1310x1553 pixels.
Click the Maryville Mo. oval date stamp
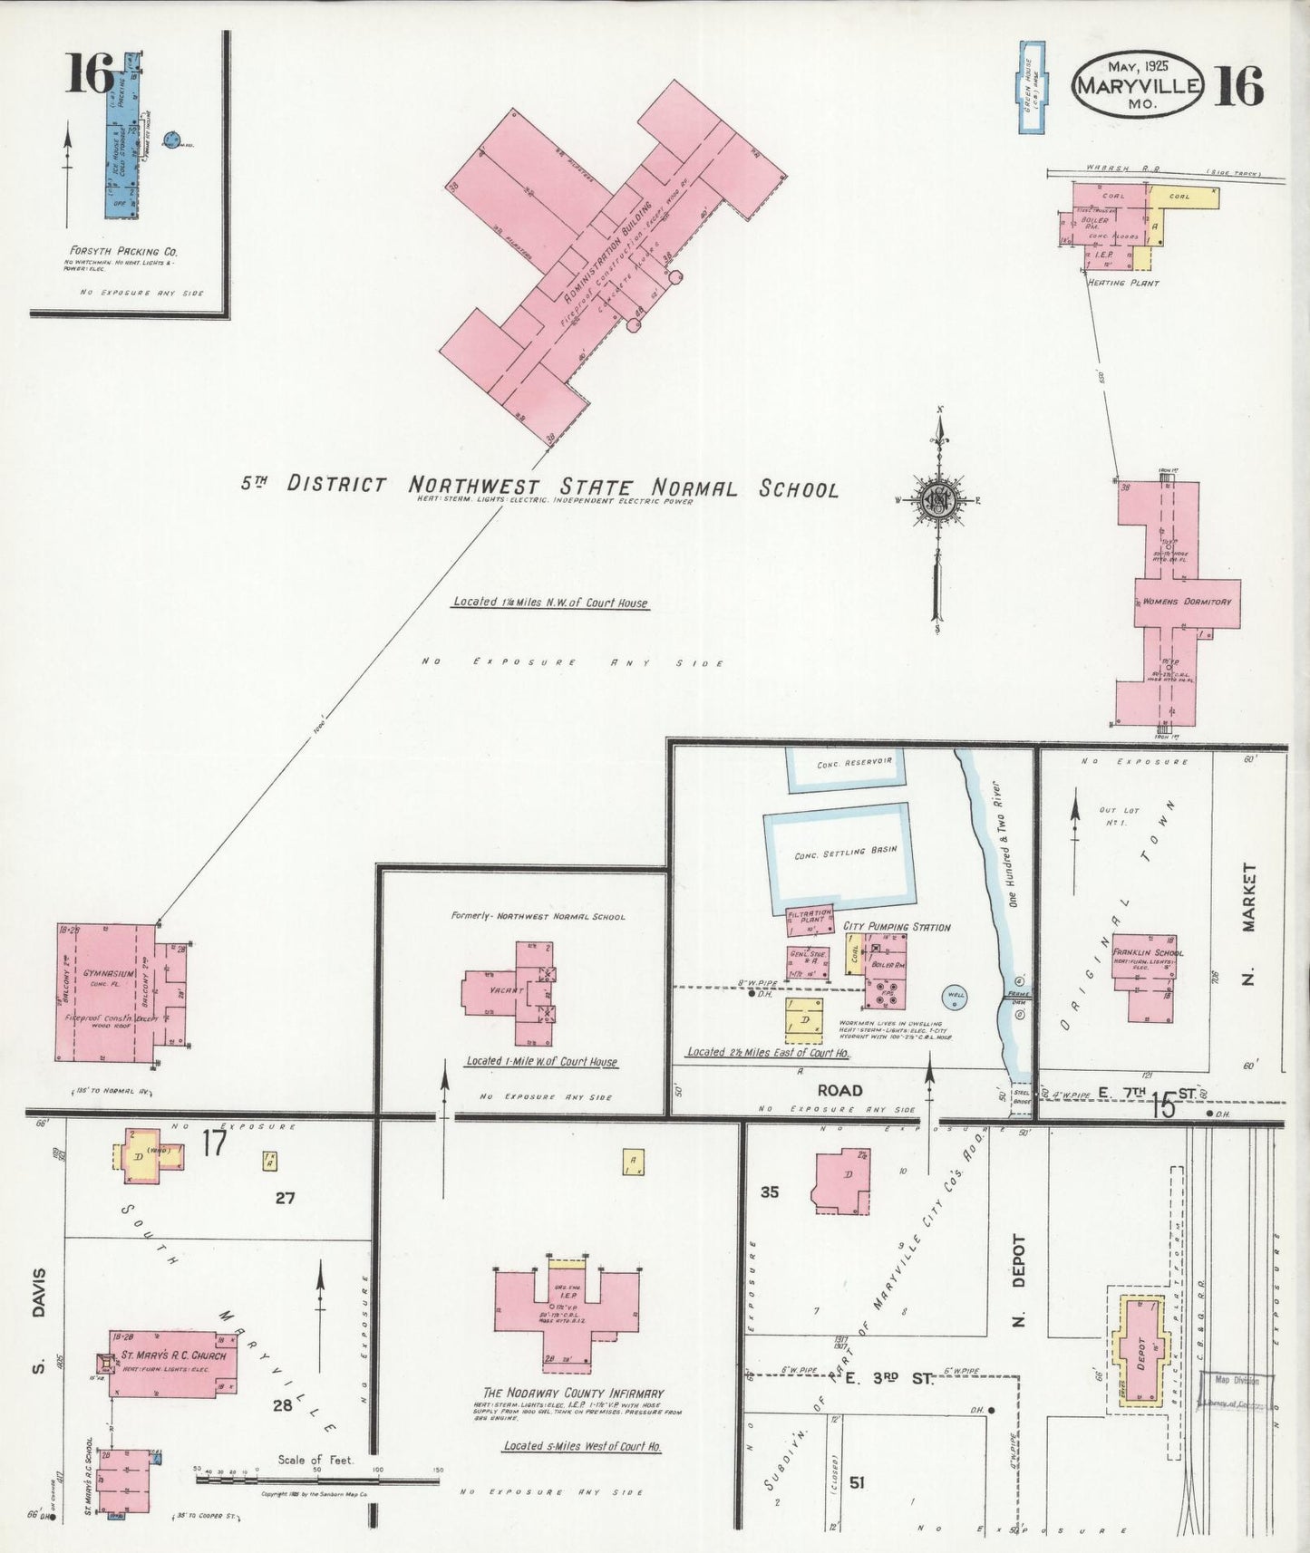[x=1139, y=83]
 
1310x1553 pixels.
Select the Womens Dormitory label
[x=1186, y=602]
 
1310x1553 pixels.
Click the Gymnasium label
[x=109, y=974]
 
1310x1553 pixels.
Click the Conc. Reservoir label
[x=842, y=764]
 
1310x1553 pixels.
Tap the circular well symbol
[x=955, y=997]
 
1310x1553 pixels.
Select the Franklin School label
[x=1149, y=953]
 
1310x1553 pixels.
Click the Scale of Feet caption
[x=316, y=1460]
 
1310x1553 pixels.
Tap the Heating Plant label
[x=1122, y=283]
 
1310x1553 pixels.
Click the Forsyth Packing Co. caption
[x=120, y=251]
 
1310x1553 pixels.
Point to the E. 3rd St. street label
[x=888, y=1378]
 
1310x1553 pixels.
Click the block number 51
[x=858, y=1482]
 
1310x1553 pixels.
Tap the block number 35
[x=769, y=1192]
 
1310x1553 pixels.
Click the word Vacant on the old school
[x=507, y=991]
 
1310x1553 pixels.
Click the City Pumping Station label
[x=896, y=927]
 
